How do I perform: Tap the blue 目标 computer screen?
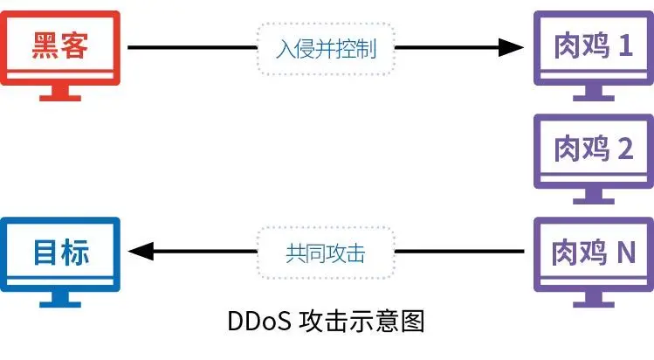click(60, 253)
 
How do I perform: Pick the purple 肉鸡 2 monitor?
click(594, 149)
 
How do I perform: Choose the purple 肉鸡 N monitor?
click(594, 253)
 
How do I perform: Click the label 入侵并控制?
click(326, 47)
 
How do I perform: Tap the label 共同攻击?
click(326, 253)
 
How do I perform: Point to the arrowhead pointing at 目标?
click(140, 253)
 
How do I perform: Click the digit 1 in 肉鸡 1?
click(624, 46)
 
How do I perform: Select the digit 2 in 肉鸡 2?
click(624, 149)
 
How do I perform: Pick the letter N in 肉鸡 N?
click(625, 253)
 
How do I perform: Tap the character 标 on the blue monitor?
click(77, 253)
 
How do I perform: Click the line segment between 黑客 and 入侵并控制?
click(192, 47)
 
